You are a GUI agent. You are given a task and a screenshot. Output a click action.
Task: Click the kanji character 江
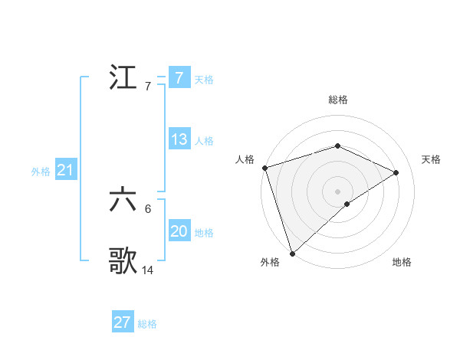123,78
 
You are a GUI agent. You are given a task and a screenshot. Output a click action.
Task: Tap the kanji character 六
123,201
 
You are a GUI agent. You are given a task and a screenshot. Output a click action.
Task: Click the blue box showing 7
179,78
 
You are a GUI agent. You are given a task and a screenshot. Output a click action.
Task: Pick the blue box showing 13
179,139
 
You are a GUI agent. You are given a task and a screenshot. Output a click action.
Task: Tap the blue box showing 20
179,231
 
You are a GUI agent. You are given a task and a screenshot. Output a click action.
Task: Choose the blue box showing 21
64,171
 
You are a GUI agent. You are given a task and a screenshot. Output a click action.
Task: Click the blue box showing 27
123,322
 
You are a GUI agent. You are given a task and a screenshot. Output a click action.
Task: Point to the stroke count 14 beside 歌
148,270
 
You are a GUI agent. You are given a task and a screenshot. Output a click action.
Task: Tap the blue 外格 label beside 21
41,172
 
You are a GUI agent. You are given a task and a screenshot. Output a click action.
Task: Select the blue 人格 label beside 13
204,140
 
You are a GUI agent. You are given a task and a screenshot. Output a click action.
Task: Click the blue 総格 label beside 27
147,323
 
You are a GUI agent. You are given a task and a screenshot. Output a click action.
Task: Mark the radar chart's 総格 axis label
337,100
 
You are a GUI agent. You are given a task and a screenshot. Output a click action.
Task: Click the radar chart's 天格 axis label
432,159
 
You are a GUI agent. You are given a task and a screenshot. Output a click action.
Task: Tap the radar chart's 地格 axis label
402,263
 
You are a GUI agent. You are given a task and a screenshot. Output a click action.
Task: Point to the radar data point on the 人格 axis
264,167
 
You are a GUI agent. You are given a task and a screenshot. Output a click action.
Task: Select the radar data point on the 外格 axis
292,253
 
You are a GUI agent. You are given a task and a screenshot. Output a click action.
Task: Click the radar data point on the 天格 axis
396,172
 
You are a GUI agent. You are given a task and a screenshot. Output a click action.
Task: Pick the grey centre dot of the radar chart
337,191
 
